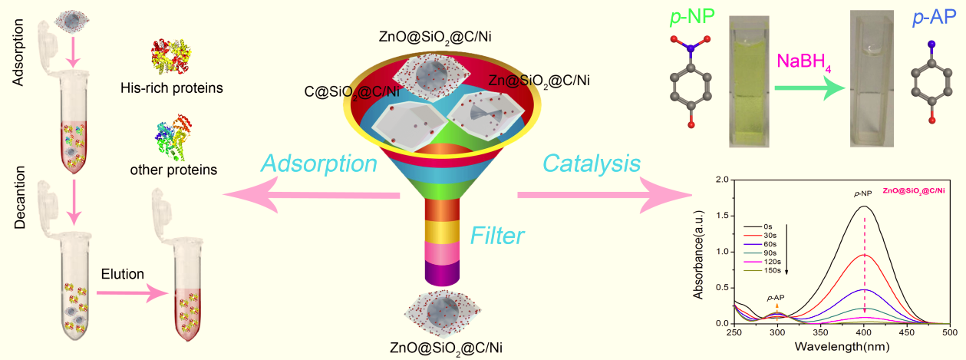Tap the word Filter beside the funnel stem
point(498,234)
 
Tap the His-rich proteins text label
point(172,88)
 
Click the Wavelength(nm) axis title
point(842,347)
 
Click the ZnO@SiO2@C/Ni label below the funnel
point(440,347)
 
